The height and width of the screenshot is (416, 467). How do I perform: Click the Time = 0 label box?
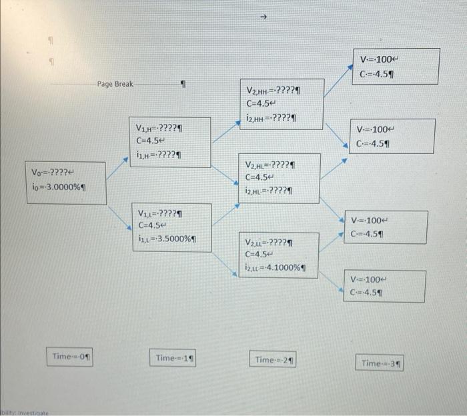pyautogui.click(x=71, y=357)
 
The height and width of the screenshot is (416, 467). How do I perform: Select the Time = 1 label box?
pyautogui.click(x=174, y=358)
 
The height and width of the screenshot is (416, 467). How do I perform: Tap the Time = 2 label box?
pyautogui.click(x=274, y=360)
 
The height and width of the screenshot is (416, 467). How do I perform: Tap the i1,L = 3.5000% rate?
pyautogui.click(x=167, y=238)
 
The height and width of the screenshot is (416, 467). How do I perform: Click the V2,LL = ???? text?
pyautogui.click(x=270, y=242)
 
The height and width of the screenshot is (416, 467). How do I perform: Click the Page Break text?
pyautogui.click(x=114, y=84)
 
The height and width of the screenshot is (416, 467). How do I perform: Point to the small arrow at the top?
pyautogui.click(x=264, y=16)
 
